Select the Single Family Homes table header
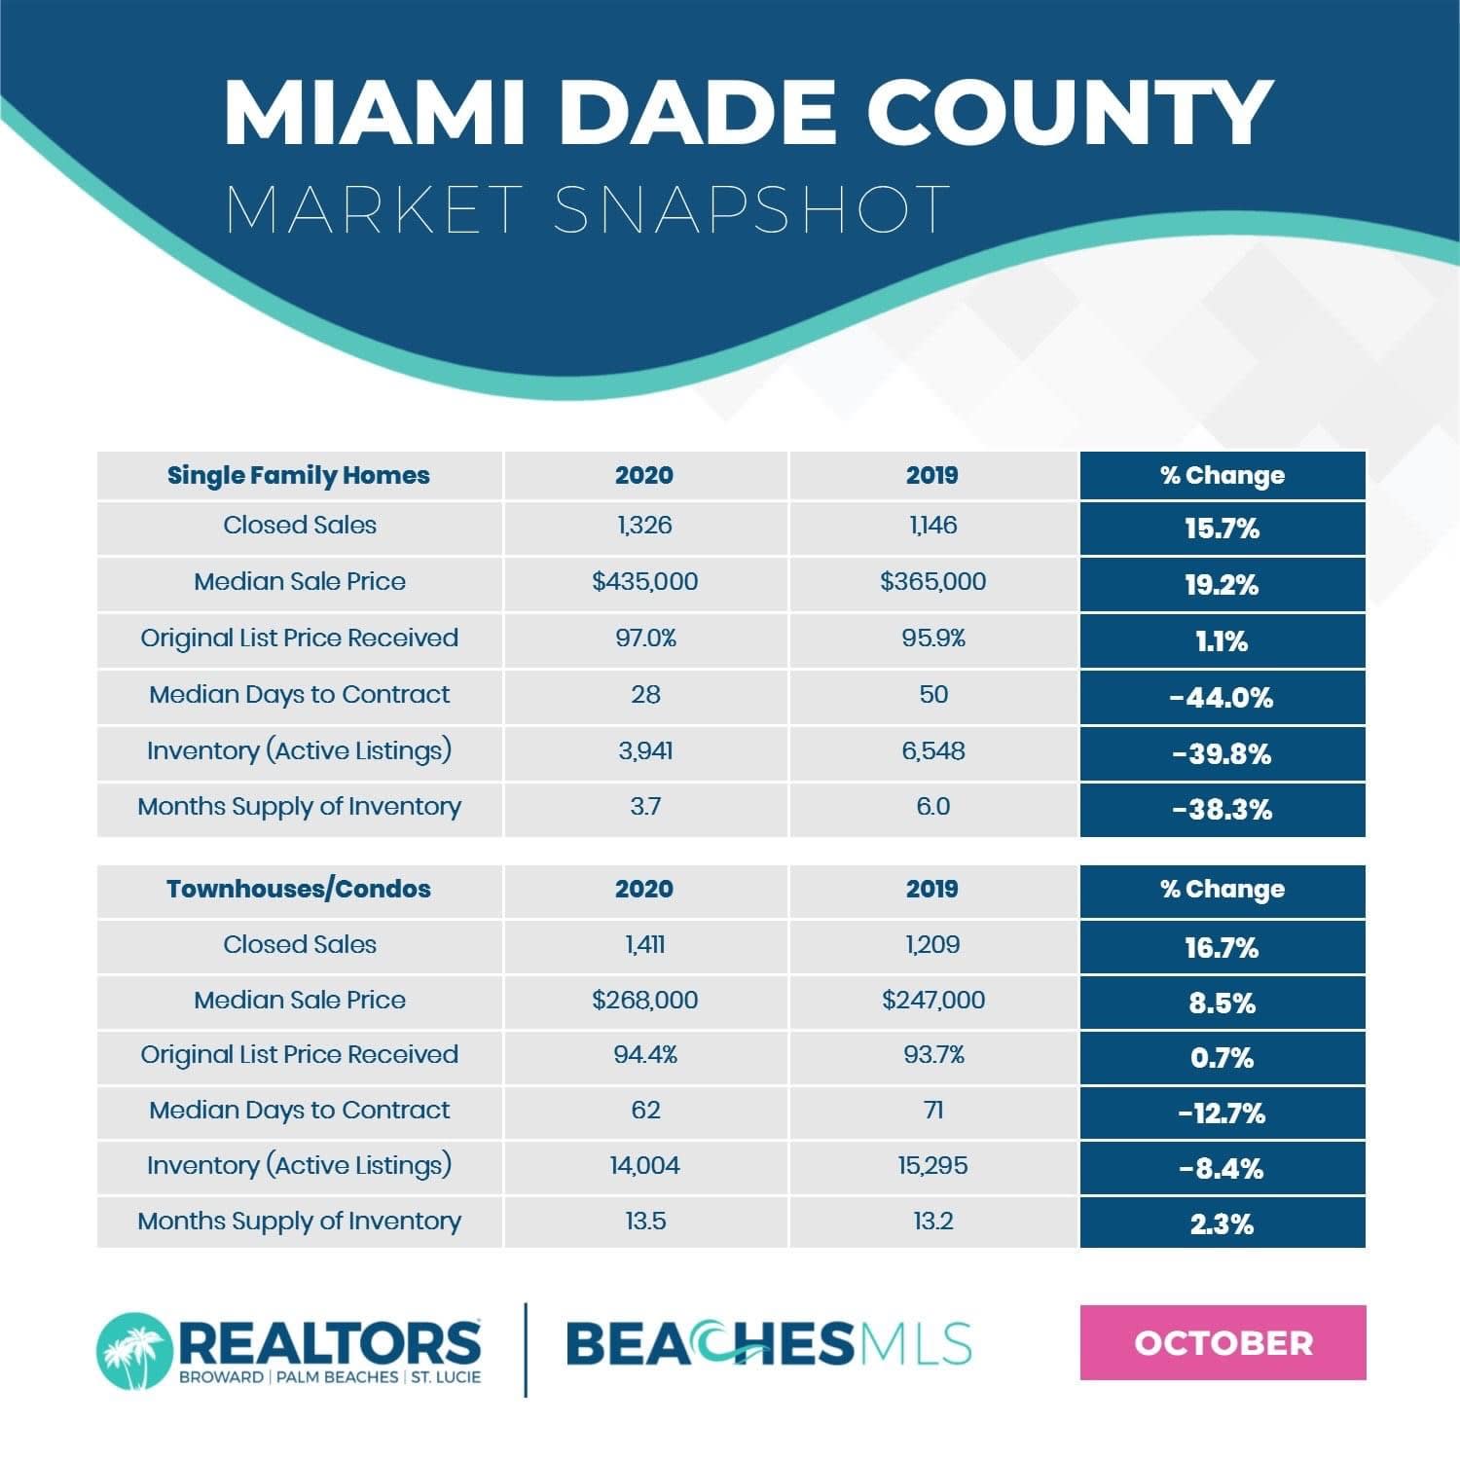pos(299,476)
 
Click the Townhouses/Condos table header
pos(299,890)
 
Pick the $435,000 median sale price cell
pos(644,582)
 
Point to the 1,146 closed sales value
pos(933,526)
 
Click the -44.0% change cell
pos(1222,698)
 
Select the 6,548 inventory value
pos(933,751)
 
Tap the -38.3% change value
pos(1222,810)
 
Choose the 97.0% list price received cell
pos(644,639)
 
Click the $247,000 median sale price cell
pos(933,1001)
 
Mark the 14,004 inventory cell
pos(644,1166)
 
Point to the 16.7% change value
pos(1222,948)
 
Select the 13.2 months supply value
pos(933,1222)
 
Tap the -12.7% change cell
pos(1222,1113)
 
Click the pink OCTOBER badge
pos(1223,1343)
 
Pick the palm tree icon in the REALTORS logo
pos(133,1351)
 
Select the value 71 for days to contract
pos(933,1111)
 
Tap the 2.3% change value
pos(1222,1224)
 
